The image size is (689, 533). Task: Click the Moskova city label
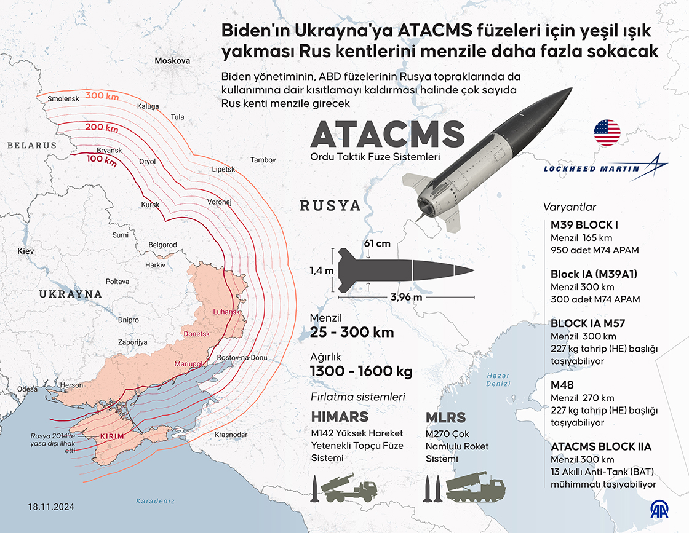click(172, 61)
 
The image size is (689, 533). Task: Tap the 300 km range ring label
click(102, 95)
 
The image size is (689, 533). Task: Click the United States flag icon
click(607, 133)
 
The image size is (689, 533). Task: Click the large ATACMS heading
click(388, 133)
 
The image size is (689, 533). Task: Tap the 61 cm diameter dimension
click(377, 243)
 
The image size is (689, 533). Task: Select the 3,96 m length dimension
click(407, 298)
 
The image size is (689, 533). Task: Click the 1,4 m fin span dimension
click(322, 270)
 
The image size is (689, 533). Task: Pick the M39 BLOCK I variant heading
click(584, 224)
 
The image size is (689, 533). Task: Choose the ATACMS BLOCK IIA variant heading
click(601, 447)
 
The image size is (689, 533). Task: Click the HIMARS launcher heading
click(340, 416)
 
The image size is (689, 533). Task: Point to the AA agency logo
click(661, 510)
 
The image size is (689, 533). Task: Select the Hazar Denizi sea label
click(498, 379)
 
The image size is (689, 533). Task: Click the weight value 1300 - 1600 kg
click(361, 372)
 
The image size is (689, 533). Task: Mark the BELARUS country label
click(32, 146)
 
